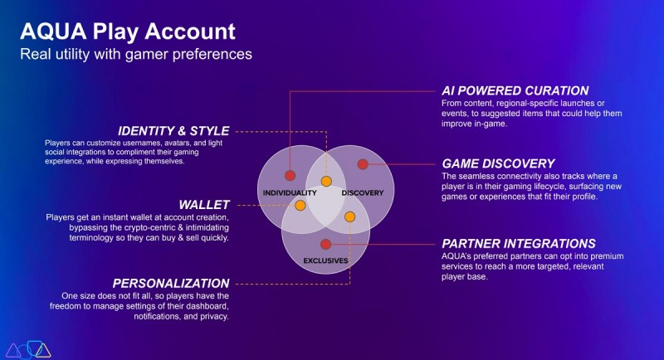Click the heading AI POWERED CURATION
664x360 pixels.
pyautogui.click(x=515, y=91)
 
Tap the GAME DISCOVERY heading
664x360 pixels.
pyautogui.click(x=498, y=163)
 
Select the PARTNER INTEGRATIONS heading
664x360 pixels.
pyautogui.click(x=519, y=244)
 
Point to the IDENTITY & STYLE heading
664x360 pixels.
pyautogui.click(x=173, y=131)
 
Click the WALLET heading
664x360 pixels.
pyautogui.click(x=204, y=205)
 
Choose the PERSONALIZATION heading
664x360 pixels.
pyautogui.click(x=171, y=284)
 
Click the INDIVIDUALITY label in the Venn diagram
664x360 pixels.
pyautogui.click(x=290, y=193)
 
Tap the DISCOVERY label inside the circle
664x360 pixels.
pyautogui.click(x=363, y=193)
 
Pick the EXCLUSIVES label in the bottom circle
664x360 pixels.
pyautogui.click(x=325, y=260)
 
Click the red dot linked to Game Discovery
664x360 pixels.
pyautogui.click(x=363, y=164)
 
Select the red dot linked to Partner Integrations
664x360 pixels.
pyautogui.click(x=325, y=244)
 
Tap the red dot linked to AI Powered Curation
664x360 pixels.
pyautogui.click(x=290, y=176)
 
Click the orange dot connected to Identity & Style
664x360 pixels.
pyautogui.click(x=326, y=182)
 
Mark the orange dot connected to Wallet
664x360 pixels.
pyautogui.click(x=300, y=206)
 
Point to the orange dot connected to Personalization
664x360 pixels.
pyautogui.click(x=349, y=217)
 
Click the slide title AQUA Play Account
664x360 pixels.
pyautogui.click(x=128, y=32)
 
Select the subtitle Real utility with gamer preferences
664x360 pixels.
pyautogui.click(x=136, y=54)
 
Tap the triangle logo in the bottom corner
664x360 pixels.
pyautogui.click(x=28, y=349)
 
